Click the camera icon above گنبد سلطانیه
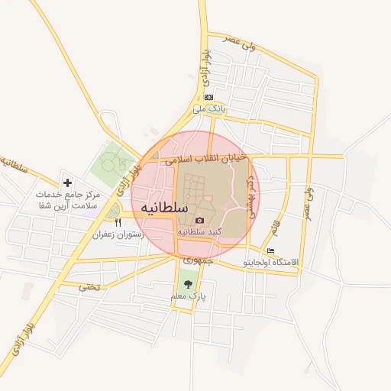coord(200,220)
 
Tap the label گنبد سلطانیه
coord(200,231)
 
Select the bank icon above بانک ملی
coord(208,97)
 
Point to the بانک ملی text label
coord(209,108)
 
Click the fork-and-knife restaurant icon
coord(118,222)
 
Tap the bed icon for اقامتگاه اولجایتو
coord(270,250)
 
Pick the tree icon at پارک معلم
coord(188,285)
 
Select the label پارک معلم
coord(189,296)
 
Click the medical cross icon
coord(68,183)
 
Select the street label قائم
coord(275,226)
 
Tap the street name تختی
coord(89,287)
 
